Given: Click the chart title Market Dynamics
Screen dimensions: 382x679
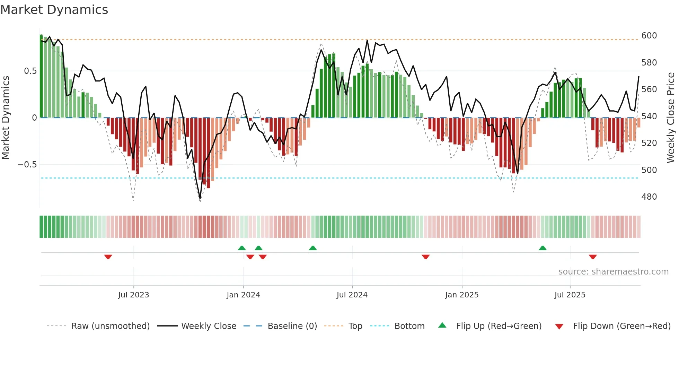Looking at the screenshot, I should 54,10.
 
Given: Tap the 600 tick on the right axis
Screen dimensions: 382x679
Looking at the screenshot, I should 649,36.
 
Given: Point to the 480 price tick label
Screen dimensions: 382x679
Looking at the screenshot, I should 649,197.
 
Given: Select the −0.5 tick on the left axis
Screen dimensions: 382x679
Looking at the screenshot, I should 27,165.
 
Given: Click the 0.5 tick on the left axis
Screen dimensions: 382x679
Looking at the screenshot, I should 30,71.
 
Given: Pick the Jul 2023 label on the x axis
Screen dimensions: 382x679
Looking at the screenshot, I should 133,295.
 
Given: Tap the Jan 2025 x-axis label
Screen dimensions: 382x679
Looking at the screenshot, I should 461,295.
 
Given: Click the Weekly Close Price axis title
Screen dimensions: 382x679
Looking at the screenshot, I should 671,118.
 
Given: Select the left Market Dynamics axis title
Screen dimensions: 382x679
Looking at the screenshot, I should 6,118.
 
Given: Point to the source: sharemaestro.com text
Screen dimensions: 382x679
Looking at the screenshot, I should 613,272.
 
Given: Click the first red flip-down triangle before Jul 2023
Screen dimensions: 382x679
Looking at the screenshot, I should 108,257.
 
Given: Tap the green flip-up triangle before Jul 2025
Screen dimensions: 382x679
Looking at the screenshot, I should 543,248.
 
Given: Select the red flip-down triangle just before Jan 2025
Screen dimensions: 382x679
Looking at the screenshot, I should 426,257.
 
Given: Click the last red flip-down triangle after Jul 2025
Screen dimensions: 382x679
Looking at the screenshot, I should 593,257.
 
